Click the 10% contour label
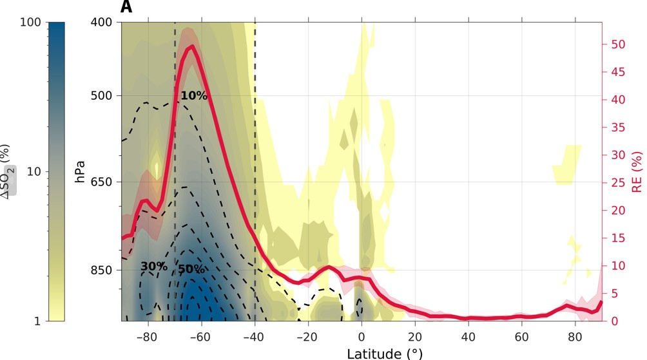pyautogui.click(x=193, y=96)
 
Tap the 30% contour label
pyautogui.click(x=154, y=267)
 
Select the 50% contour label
pyautogui.click(x=191, y=269)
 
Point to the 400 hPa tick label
pyautogui.click(x=99, y=22)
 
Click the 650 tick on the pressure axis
pyautogui.click(x=99, y=182)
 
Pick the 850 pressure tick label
pyautogui.click(x=99, y=270)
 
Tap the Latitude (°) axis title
pyautogui.click(x=385, y=353)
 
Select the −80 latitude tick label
pyautogui.click(x=148, y=337)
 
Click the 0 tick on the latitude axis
pyautogui.click(x=362, y=337)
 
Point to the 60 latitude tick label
pyautogui.click(x=522, y=337)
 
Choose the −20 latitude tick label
pyautogui.click(x=308, y=337)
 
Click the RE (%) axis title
pyautogui.click(x=637, y=171)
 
